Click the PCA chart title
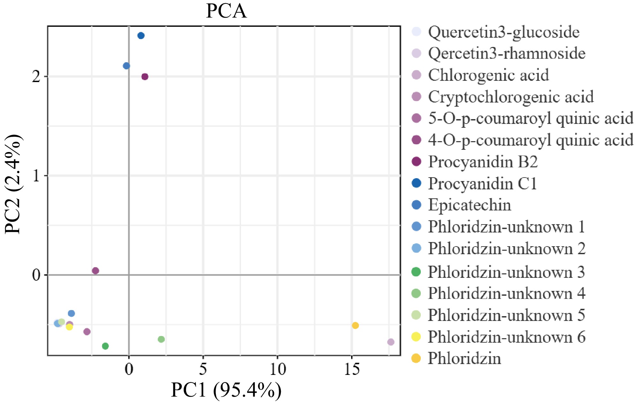(226, 11)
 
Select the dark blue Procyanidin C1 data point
(141, 35)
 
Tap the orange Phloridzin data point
(355, 325)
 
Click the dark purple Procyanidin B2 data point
(145, 77)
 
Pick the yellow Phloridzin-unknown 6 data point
(69, 327)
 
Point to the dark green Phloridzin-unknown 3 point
(105, 346)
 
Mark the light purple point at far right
(391, 342)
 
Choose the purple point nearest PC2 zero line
(95, 271)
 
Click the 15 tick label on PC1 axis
(351, 369)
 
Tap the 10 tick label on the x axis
(277, 369)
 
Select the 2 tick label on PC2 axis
(36, 77)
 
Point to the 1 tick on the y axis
(36, 176)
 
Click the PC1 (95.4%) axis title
(226, 390)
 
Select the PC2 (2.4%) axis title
(13, 185)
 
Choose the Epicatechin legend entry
(469, 205)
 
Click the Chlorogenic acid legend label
(488, 75)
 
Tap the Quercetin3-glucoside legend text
(503, 32)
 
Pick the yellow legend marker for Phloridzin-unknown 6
(416, 337)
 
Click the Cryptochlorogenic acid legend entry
(510, 96)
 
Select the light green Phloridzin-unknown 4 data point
(161, 339)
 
